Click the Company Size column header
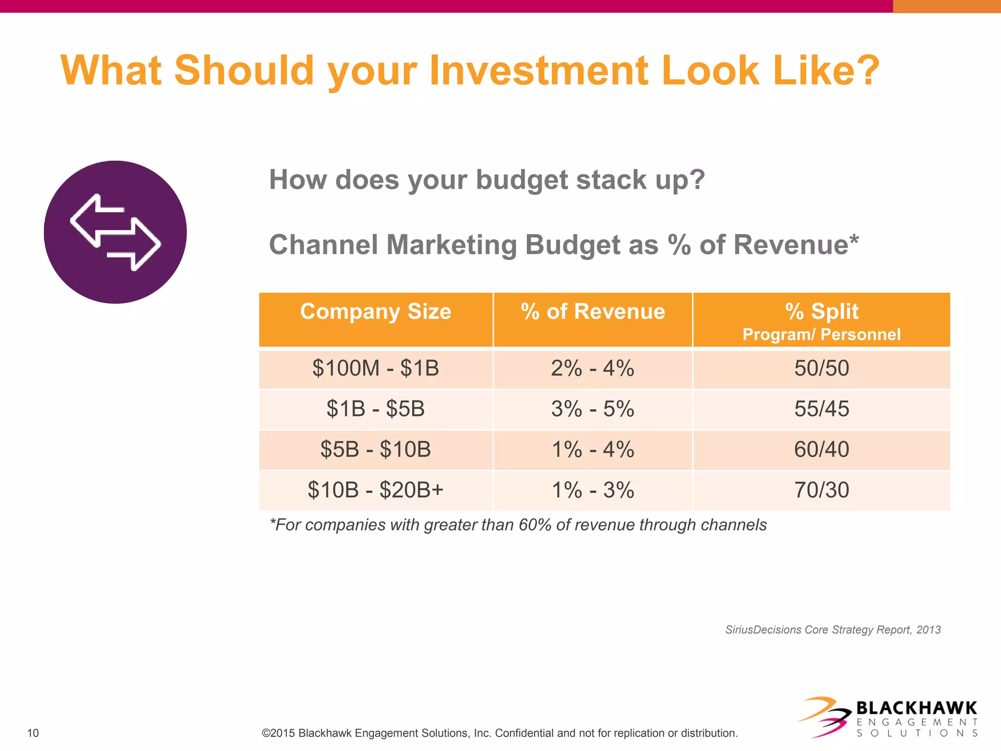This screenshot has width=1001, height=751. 375,312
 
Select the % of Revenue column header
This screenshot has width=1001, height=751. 592,312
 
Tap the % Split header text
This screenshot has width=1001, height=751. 822,311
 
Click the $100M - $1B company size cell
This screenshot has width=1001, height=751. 375,368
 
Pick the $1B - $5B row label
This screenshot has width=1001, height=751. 375,409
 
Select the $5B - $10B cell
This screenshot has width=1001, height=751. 375,449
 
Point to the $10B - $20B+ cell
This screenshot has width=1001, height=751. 375,490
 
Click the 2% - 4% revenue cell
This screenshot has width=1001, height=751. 592,368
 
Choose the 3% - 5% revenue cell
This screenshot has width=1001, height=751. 592,409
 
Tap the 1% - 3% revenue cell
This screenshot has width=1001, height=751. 592,490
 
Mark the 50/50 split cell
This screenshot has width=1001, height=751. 822,368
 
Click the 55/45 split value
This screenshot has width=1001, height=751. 822,409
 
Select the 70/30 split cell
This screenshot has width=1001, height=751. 822,490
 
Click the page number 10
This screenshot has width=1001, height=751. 33,733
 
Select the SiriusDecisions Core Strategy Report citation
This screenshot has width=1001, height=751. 833,630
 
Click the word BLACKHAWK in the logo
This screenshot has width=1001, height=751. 916,708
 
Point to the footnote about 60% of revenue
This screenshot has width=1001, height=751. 518,525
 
